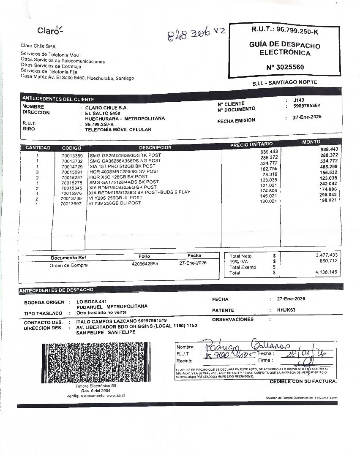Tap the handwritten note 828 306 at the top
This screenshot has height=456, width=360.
click(189, 35)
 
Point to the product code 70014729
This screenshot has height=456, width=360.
click(72, 167)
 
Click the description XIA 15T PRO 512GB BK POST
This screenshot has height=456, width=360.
click(122, 166)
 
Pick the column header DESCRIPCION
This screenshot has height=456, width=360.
click(155, 148)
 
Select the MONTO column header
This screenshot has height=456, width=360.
click(311, 142)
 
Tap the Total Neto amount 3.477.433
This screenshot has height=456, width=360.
click(326, 255)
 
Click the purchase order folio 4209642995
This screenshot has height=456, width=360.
click(145, 263)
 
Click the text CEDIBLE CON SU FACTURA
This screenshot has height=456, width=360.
click(303, 382)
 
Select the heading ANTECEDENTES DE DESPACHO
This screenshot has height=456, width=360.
click(56, 290)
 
